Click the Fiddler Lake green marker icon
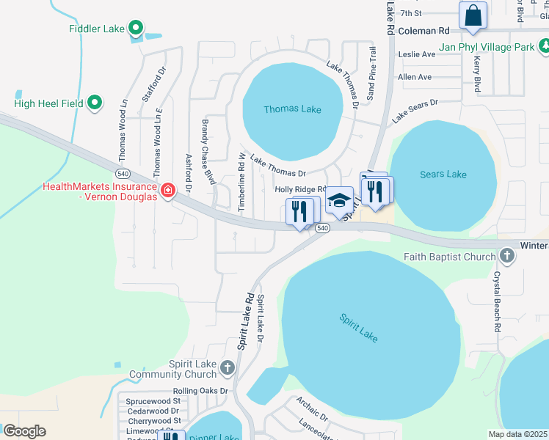135,29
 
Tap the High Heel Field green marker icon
95,103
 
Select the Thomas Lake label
292,109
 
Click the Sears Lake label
443,174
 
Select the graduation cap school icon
339,200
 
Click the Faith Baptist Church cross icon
506,257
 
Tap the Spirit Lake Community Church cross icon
228,366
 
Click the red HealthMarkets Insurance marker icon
168,191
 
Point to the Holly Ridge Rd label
299,189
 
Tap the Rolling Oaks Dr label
200,392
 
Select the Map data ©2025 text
518,434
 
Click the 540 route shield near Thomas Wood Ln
123,174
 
